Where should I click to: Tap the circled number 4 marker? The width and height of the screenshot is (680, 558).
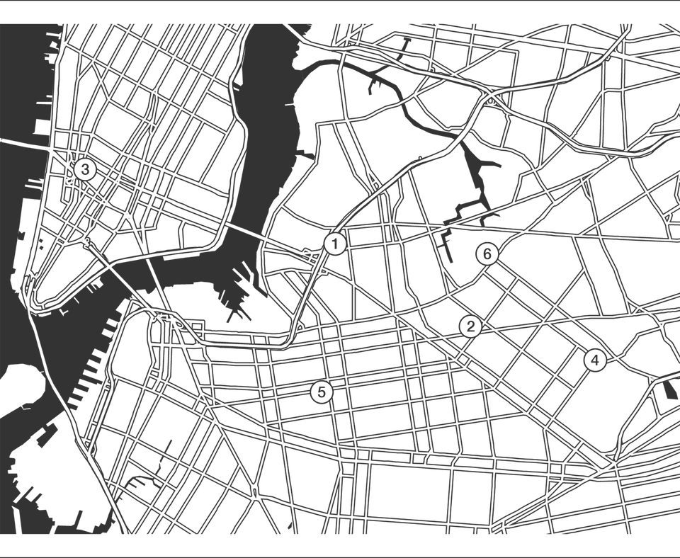pos(594,360)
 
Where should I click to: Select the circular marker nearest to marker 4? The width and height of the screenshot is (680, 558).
pos(469,326)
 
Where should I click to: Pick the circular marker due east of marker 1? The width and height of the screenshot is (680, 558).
pos(486,253)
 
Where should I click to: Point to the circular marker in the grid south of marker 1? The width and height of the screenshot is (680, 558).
pos(322,392)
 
